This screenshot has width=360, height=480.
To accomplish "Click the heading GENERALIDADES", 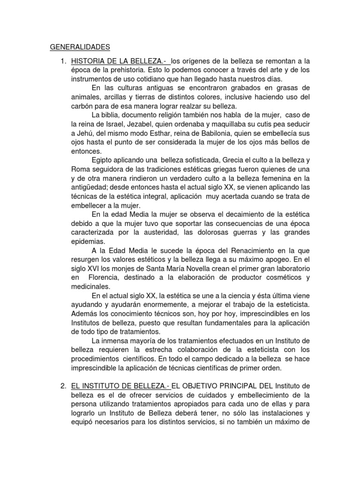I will tap(80, 47).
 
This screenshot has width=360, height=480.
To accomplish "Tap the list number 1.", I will tap(63, 61).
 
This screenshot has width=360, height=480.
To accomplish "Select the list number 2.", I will tap(63, 386).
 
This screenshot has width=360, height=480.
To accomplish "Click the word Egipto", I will tap(103, 160).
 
